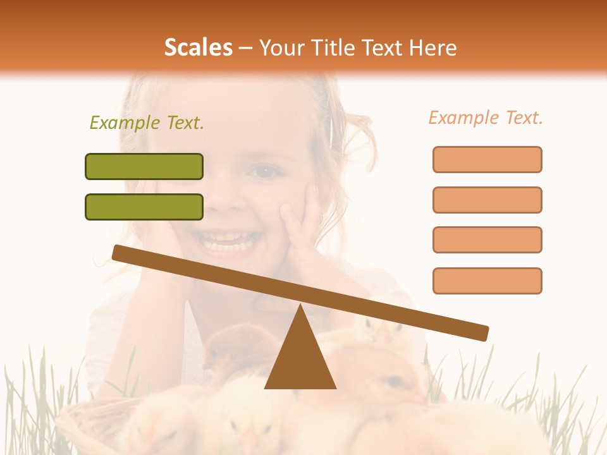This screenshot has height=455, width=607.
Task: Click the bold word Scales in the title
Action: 199,47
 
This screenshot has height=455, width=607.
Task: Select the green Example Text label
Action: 147,123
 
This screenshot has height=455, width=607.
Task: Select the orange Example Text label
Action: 486,118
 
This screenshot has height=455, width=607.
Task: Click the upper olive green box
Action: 144,166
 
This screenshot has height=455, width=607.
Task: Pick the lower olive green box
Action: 144,207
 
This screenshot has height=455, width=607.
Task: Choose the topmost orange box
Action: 487,159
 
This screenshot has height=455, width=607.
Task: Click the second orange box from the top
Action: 487,200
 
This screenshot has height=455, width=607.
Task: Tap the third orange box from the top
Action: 487,240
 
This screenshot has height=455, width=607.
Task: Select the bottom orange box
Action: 487,281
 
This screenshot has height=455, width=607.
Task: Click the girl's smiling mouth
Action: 231,241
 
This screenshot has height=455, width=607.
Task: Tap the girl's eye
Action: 264,171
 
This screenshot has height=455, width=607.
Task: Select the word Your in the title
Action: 281,47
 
